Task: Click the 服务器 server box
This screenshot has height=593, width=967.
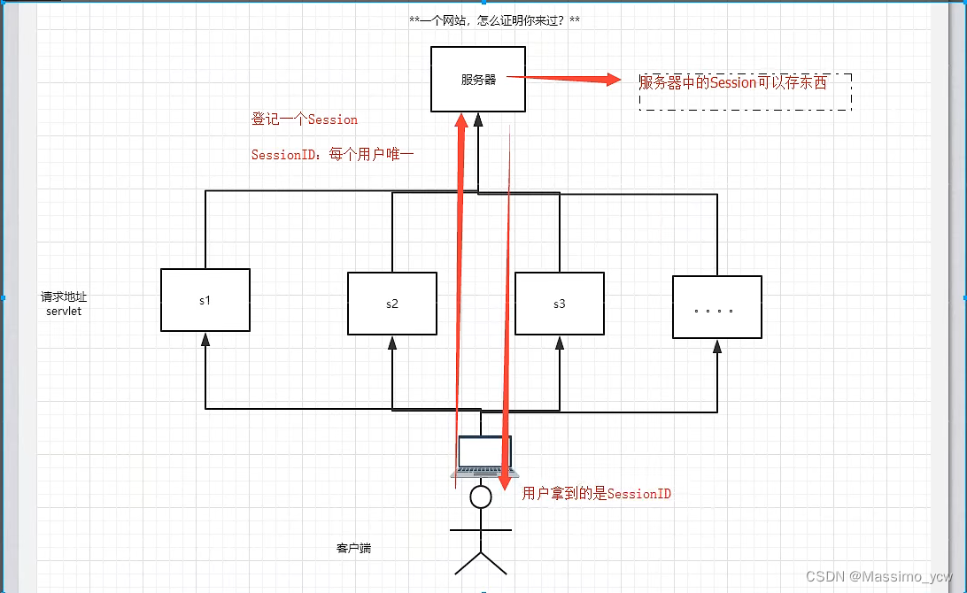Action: click(478, 79)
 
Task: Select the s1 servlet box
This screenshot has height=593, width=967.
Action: click(205, 300)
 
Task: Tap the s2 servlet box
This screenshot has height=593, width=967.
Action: click(391, 304)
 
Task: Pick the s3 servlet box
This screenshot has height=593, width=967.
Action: click(559, 304)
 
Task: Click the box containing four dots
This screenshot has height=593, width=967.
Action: click(716, 307)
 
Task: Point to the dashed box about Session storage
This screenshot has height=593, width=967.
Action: click(745, 91)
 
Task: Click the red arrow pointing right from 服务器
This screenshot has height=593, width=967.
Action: click(567, 79)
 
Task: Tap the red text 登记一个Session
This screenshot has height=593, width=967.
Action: click(305, 119)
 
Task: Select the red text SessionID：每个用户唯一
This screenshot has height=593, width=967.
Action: click(333, 154)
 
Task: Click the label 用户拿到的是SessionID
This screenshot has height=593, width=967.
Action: click(596, 493)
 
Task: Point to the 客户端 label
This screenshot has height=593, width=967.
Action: click(353, 549)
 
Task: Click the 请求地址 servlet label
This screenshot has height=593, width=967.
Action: click(64, 304)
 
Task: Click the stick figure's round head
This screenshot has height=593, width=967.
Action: click(481, 497)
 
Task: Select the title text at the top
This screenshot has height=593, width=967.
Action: click(495, 19)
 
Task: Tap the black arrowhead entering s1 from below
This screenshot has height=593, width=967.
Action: click(205, 339)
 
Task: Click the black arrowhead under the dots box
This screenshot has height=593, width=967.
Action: click(717, 346)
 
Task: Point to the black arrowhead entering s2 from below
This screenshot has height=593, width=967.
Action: click(392, 343)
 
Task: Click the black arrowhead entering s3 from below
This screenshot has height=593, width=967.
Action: click(560, 343)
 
